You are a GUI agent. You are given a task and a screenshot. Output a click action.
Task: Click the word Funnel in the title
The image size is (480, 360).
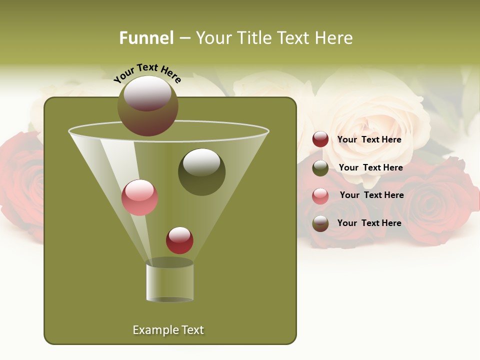pyautogui.click(x=146, y=38)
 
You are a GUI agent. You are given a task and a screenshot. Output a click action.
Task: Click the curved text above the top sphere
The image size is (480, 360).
pyautogui.click(x=147, y=73)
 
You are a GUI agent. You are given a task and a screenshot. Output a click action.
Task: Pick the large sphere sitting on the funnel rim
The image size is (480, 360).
pyautogui.click(x=148, y=105)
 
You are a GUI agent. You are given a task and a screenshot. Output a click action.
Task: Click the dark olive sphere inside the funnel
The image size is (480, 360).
pyautogui.click(x=201, y=172)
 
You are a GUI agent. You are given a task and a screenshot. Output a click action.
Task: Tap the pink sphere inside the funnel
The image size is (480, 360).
pyautogui.click(x=139, y=197)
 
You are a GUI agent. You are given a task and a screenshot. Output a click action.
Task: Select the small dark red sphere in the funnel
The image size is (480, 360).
pyautogui.click(x=179, y=240)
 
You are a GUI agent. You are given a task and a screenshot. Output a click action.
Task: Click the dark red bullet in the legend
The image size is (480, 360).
pyautogui.click(x=320, y=139)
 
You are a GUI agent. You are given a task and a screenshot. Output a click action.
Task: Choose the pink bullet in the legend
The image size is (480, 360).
pyautogui.click(x=320, y=195)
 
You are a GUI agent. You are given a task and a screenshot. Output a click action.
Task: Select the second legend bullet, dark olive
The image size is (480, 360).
pyautogui.click(x=320, y=168)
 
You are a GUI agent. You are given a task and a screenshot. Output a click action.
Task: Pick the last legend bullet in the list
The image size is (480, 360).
pyautogui.click(x=320, y=223)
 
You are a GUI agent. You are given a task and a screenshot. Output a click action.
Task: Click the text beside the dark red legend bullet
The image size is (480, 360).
pyautogui.click(x=369, y=139)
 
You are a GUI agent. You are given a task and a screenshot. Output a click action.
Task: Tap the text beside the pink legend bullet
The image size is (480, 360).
pyautogui.click(x=371, y=195)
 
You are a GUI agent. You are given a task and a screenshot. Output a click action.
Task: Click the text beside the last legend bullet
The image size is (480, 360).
pyautogui.click(x=369, y=223)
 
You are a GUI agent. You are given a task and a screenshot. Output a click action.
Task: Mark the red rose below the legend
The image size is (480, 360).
pyautogui.click(x=430, y=210)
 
